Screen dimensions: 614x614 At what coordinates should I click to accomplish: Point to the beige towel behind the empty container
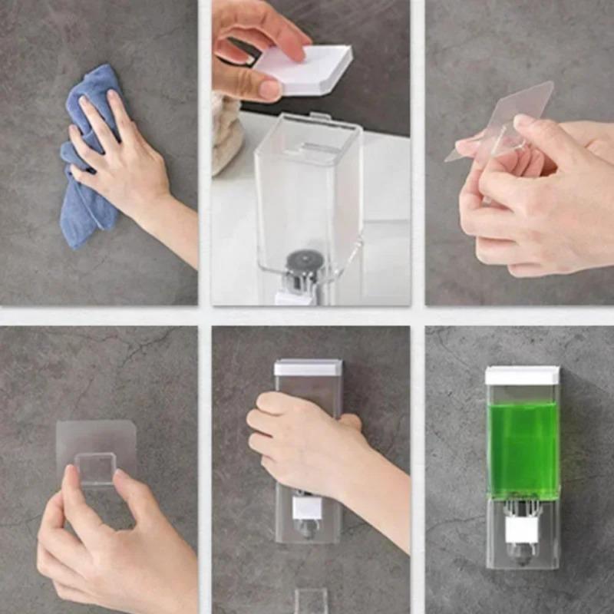coord(227,134)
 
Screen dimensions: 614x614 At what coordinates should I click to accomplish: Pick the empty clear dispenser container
coord(307,192)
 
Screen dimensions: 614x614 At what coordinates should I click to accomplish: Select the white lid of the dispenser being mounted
coord(308,368)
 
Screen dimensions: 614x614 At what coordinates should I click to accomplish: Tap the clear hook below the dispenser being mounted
coord(311,600)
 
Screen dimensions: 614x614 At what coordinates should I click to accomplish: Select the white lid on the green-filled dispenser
coord(522,375)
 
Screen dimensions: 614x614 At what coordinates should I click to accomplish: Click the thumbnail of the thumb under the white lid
coord(269,90)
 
